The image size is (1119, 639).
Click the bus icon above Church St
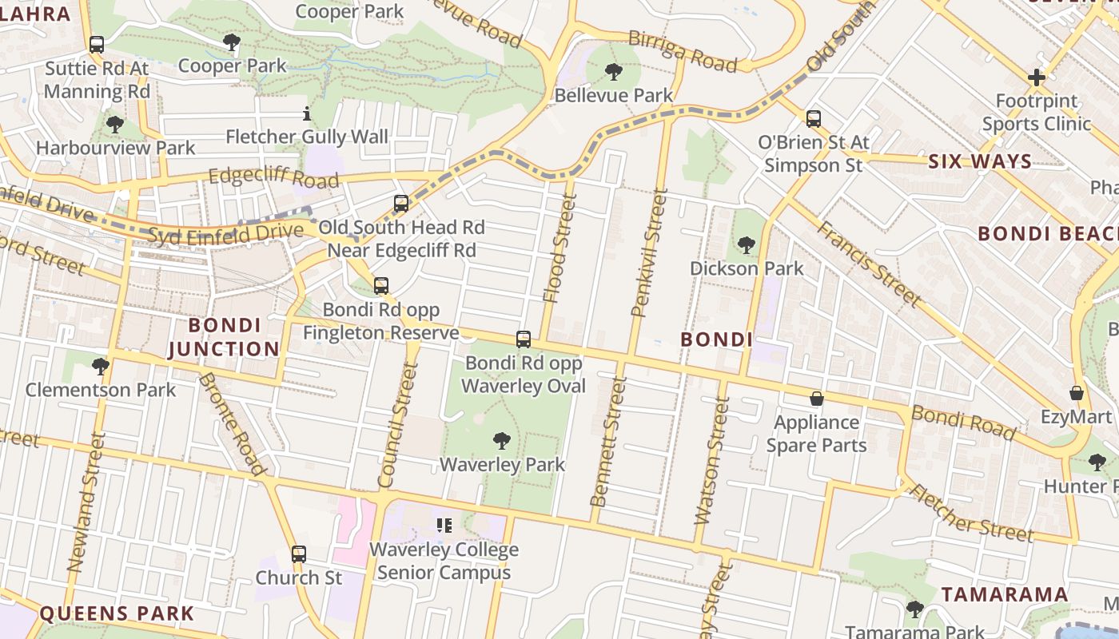pos(299,554)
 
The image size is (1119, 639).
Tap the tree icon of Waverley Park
pos(502,440)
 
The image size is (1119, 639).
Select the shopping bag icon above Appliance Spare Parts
pos(817,398)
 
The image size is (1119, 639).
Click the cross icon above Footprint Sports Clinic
pos(1037,77)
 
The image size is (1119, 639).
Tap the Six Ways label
pos(980,162)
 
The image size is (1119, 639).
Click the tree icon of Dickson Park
pos(747,244)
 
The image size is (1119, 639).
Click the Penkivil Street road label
pos(649,252)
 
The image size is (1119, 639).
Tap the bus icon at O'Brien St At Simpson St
pos(814,119)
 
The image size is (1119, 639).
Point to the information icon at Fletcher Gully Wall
pos(307,113)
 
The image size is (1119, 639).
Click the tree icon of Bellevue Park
pos(614,72)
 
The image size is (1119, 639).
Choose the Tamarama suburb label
pos(1004,594)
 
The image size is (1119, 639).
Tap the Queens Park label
pos(117,613)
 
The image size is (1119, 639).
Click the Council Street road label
pos(398,425)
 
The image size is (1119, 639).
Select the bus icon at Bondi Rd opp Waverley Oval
pos(524,339)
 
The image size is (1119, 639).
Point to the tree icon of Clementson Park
pos(101,367)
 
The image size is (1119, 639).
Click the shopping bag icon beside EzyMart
pos(1077,393)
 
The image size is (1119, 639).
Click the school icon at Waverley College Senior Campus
pos(444,525)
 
